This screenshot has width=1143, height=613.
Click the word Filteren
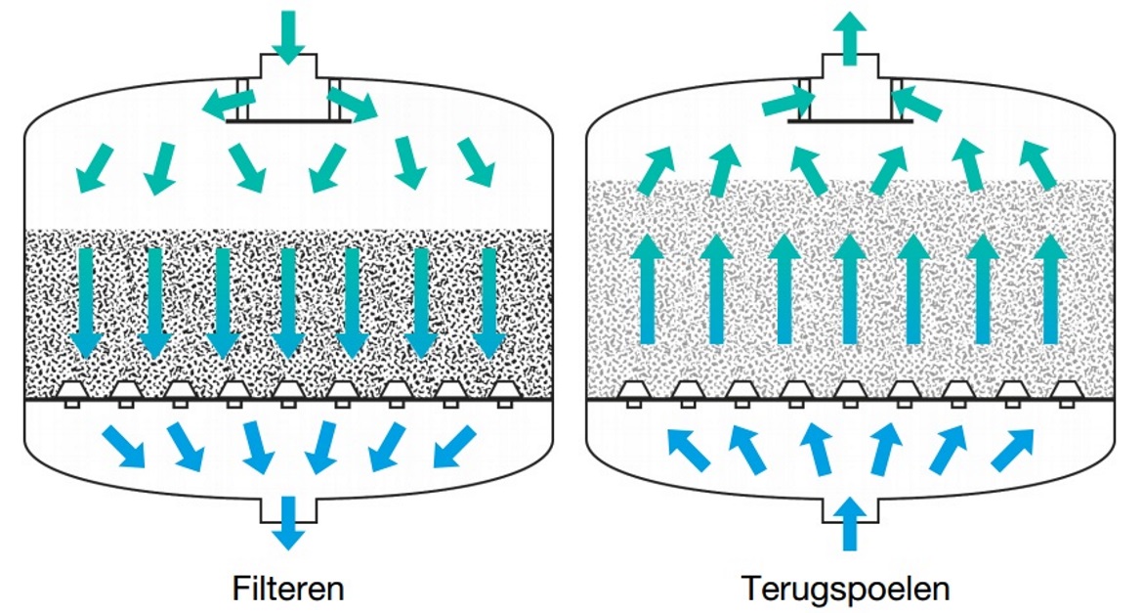tap(288, 590)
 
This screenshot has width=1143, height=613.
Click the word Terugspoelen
tap(846, 590)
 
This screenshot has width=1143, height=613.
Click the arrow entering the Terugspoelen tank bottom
tap(849, 523)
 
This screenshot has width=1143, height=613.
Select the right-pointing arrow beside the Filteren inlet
tap(352, 103)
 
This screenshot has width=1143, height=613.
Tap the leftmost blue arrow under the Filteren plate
tap(123, 445)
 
